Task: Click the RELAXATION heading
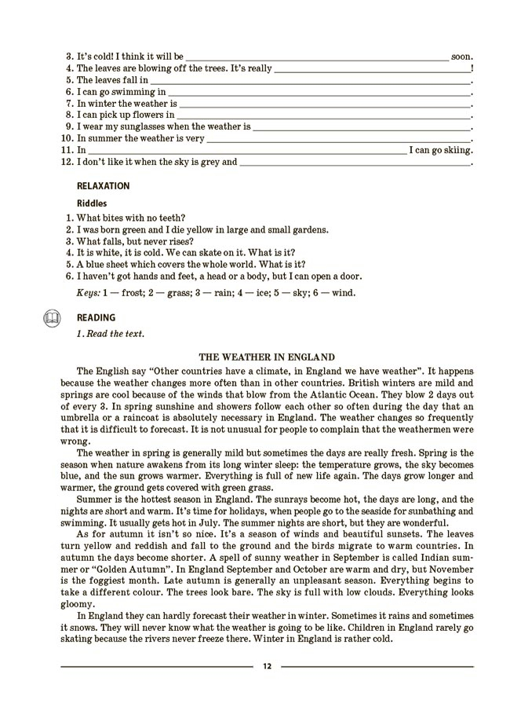[x=103, y=187]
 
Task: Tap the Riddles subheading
[x=92, y=203]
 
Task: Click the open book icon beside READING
[x=51, y=318]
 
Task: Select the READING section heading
[x=96, y=318]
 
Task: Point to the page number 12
[x=267, y=666]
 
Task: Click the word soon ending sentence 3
[x=462, y=57]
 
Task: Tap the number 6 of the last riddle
[x=70, y=277]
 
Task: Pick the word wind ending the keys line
[x=343, y=293]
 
